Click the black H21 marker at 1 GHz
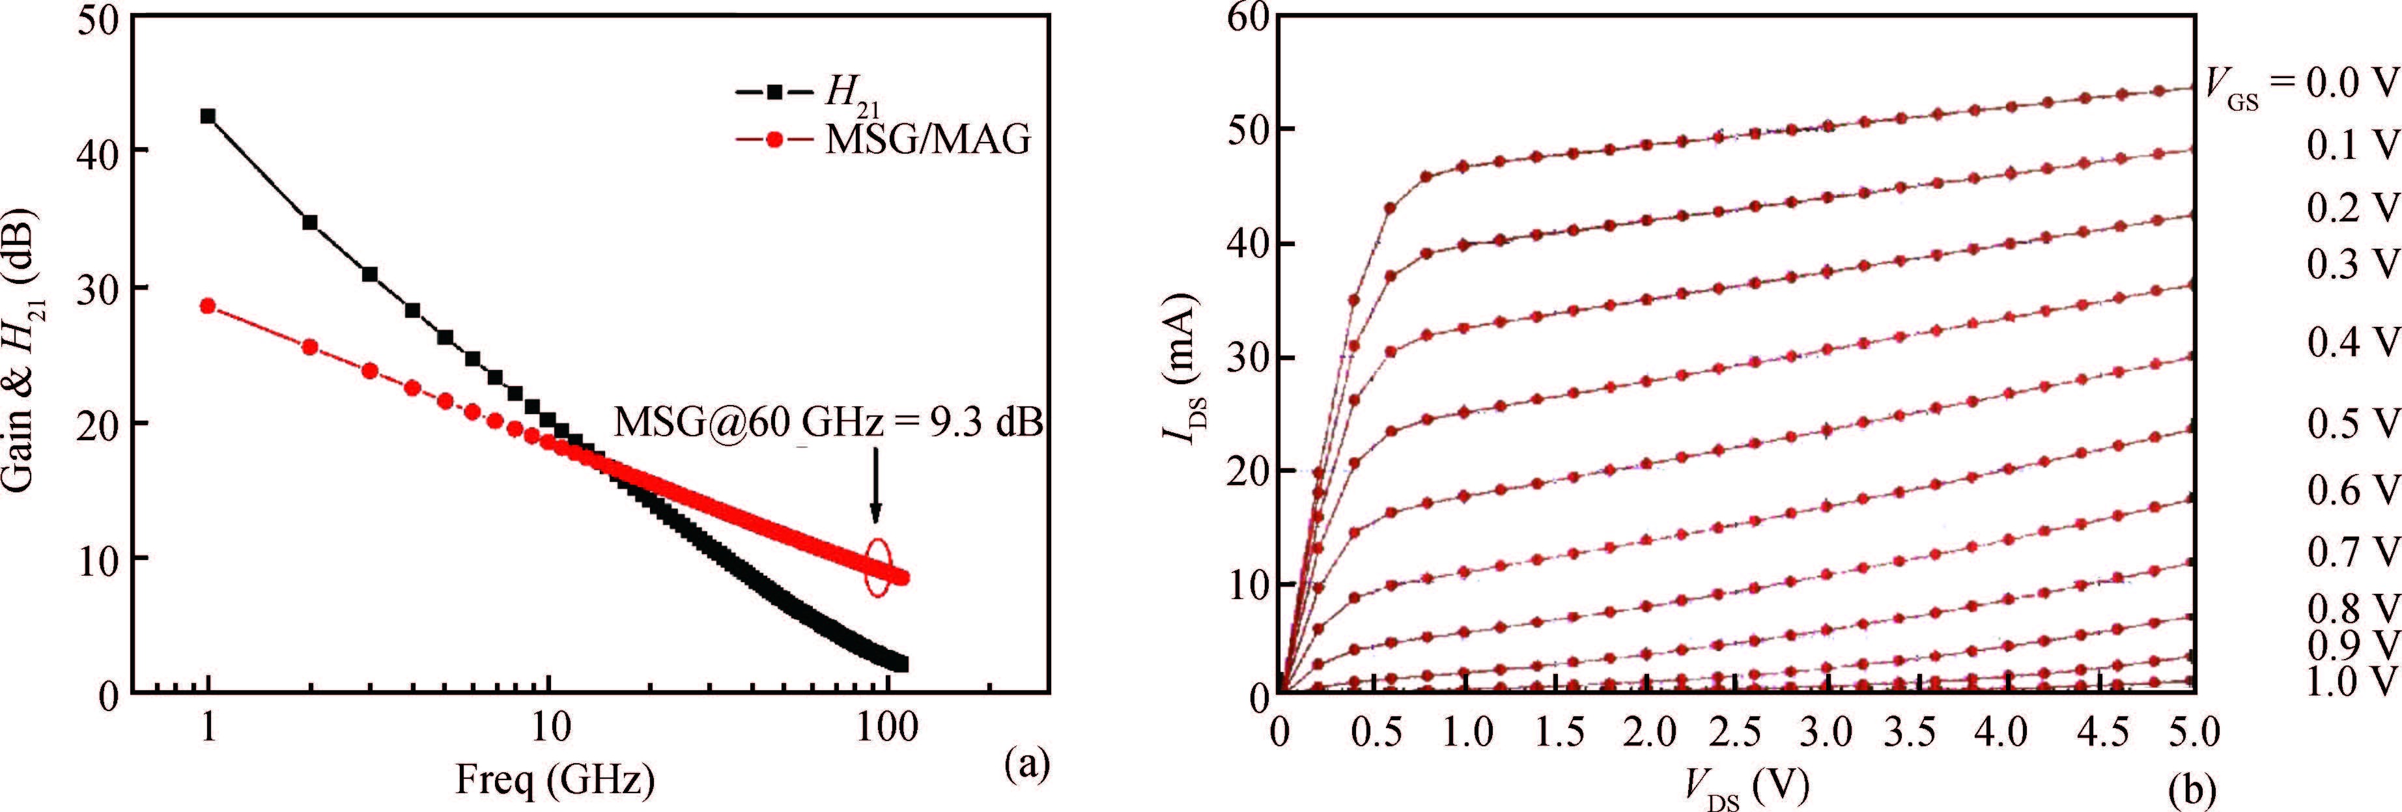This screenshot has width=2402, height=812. [208, 117]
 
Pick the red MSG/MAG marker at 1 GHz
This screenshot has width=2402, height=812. [208, 306]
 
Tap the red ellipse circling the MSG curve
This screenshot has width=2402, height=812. [877, 568]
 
